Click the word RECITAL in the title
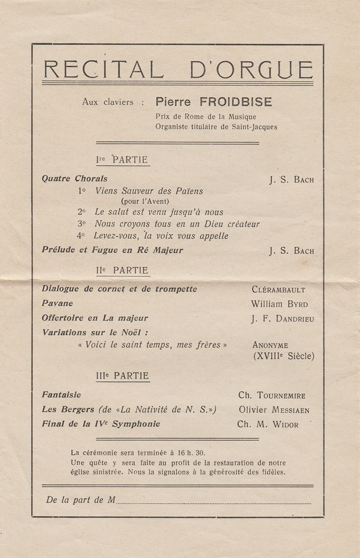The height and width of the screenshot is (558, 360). pos(103,70)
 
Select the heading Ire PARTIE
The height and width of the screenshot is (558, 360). pos(122,160)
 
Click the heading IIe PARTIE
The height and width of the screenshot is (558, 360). pos(122,271)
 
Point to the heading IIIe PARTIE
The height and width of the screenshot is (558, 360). pos(122,376)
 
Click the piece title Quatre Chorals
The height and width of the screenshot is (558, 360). pos(74,179)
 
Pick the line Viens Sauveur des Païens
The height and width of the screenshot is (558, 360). pos(149,191)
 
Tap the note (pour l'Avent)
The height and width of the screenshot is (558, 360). pos(145,202)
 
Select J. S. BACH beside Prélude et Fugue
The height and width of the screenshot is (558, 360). pos(291,251)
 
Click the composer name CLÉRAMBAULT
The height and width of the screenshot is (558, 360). pos(278,290)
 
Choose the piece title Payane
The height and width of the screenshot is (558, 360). pos(58,303)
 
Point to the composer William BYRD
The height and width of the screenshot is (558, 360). pos(279,304)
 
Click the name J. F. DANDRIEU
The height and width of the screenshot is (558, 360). pos(282,319)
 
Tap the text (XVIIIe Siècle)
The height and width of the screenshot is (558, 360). pos(283,356)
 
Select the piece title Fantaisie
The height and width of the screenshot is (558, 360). pos(61,395)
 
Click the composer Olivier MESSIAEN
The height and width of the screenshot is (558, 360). pos(274,410)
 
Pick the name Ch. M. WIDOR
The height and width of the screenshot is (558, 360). pos(267,425)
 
